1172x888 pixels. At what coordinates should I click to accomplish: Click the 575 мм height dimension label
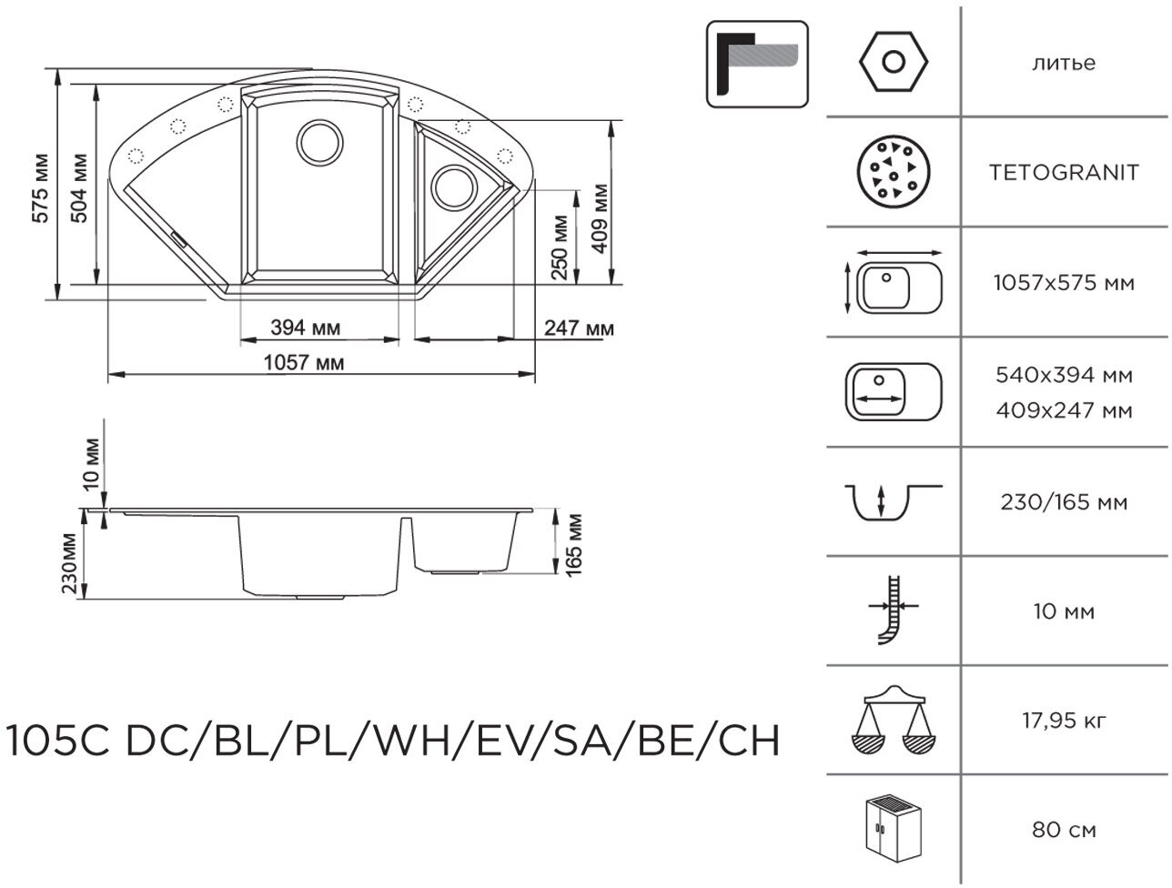click(41, 188)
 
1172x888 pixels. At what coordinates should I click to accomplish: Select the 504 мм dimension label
click(79, 188)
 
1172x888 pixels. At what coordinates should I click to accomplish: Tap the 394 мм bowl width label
click(306, 328)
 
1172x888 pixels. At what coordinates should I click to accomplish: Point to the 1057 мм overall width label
click(304, 363)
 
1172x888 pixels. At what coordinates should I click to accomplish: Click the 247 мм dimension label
click(579, 328)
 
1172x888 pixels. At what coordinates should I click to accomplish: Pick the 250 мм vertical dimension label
click(560, 247)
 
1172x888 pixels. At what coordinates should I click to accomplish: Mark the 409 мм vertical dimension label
click(600, 218)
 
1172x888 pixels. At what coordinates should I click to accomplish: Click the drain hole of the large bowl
click(319, 143)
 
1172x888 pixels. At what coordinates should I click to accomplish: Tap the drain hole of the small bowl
click(453, 187)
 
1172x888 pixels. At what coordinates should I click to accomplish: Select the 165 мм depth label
click(573, 545)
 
